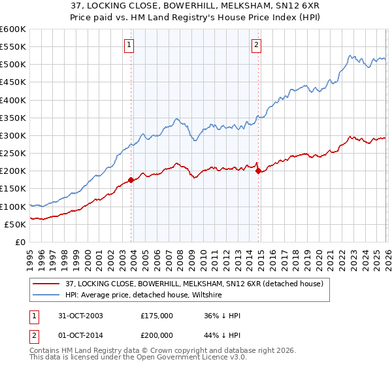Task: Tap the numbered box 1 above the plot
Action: (x=129, y=45)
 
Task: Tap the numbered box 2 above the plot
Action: (x=256, y=45)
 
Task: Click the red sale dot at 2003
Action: (x=131, y=180)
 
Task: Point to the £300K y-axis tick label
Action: (x=12, y=135)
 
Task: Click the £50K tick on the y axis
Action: (x=14, y=224)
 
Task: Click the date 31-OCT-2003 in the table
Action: (x=82, y=316)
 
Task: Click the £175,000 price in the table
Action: (x=157, y=316)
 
